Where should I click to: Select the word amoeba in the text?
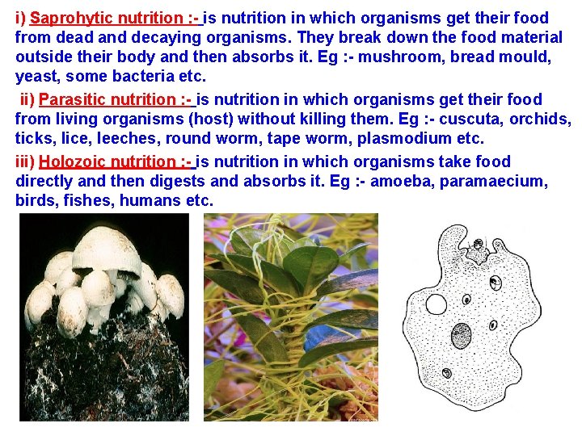tap(403, 181)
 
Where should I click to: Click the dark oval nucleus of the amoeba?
tap(462, 333)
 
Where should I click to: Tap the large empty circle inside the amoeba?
tap(436, 304)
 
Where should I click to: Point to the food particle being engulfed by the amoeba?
tap(478, 243)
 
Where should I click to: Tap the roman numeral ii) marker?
tap(27, 100)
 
